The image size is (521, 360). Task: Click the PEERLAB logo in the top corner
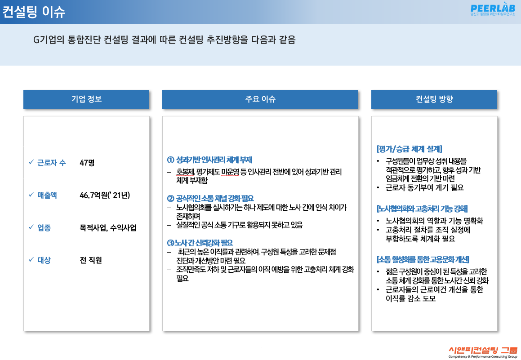click(493, 9)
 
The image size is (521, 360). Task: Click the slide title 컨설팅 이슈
click(34, 12)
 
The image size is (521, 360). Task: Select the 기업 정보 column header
click(86, 99)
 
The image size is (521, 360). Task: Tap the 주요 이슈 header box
click(260, 99)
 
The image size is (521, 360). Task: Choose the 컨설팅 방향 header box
click(434, 99)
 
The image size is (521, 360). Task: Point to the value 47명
click(87, 163)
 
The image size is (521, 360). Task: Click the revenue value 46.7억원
click(105, 195)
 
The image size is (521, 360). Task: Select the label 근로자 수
click(52, 163)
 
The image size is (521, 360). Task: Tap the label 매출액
click(47, 195)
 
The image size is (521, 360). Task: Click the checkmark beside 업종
click(31, 227)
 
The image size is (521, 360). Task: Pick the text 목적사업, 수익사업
click(108, 228)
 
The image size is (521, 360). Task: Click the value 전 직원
click(91, 260)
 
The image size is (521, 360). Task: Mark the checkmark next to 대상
click(31, 259)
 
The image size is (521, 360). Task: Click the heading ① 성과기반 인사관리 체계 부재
click(209, 160)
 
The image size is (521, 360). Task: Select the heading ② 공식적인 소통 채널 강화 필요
click(210, 199)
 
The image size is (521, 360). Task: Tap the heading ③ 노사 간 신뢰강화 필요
click(200, 243)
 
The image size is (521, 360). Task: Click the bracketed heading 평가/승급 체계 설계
click(410, 149)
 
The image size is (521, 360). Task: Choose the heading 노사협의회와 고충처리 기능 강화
click(422, 209)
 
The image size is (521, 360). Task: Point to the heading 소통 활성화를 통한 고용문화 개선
click(423, 259)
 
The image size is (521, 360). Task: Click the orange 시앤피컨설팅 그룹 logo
click(483, 352)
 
